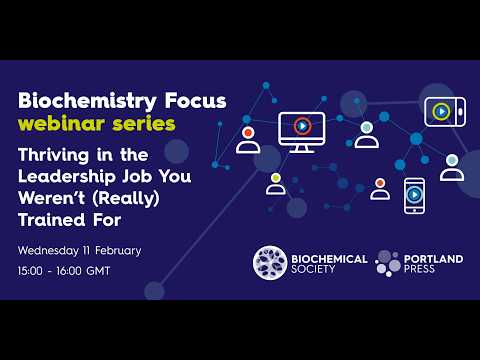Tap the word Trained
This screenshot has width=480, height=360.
[52, 217]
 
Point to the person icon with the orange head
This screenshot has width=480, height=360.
[380, 188]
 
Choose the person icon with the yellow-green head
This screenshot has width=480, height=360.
[275, 183]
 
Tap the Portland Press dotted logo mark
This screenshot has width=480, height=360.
[389, 263]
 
